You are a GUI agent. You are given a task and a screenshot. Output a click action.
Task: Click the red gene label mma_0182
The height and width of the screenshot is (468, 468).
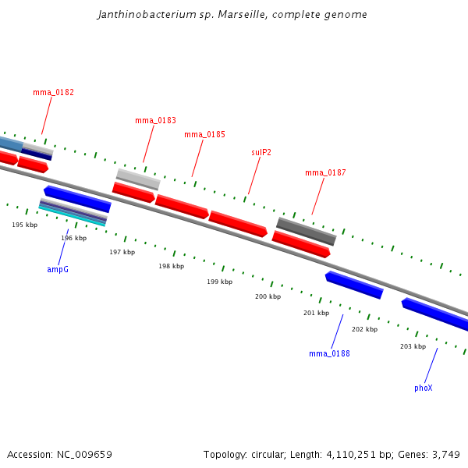[x=53, y=92]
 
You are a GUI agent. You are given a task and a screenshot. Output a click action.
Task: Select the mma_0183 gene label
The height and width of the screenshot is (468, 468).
[x=155, y=120]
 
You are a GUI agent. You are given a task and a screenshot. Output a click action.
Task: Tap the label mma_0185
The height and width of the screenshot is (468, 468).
[x=204, y=134]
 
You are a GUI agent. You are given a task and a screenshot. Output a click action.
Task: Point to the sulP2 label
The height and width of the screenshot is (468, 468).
[x=261, y=152]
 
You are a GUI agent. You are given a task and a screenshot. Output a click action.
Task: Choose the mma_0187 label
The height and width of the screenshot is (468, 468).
[x=325, y=172]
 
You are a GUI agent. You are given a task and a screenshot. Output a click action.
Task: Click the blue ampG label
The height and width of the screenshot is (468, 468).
[x=58, y=269]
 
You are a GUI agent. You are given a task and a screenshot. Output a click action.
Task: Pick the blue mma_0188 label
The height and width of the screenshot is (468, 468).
[x=329, y=353]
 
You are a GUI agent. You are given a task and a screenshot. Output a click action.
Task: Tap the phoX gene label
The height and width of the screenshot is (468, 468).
[x=423, y=388]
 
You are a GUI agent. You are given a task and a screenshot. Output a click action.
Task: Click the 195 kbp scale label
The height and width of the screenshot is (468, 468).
[x=24, y=225]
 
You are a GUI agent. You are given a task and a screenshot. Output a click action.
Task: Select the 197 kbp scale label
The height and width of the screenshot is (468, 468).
[x=122, y=252]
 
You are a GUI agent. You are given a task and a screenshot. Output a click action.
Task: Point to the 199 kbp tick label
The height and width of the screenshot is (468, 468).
[x=219, y=282]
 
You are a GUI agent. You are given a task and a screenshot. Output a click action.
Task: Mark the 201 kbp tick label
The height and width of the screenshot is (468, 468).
[x=316, y=313]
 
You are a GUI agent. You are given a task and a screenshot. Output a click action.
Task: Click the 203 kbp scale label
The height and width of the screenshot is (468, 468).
[x=413, y=346]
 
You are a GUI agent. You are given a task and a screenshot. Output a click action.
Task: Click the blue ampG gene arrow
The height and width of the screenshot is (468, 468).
[x=77, y=198]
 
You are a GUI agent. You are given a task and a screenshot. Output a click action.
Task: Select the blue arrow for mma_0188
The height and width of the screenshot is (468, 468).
[x=354, y=285]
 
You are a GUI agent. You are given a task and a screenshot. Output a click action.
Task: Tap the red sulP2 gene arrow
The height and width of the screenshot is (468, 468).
[x=238, y=223]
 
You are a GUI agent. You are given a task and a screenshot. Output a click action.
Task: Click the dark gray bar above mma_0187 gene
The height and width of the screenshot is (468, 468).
[x=306, y=230]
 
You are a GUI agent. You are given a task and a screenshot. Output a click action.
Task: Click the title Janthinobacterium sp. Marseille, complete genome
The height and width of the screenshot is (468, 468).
[x=232, y=15]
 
